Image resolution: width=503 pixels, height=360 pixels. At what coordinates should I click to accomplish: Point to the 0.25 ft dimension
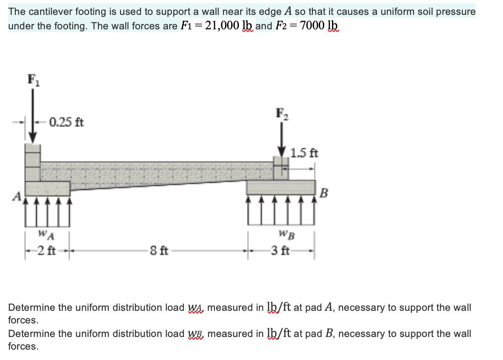click(66, 122)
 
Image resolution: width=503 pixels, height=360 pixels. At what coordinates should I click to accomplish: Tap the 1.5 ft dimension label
click(305, 153)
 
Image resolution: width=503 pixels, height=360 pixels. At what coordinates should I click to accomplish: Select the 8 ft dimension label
click(159, 249)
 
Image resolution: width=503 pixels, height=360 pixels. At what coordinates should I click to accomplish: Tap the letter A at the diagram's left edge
click(17, 196)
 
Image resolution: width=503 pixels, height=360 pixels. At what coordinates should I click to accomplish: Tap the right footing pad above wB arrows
click(280, 187)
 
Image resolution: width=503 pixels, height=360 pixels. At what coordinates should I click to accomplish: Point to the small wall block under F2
click(281, 168)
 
